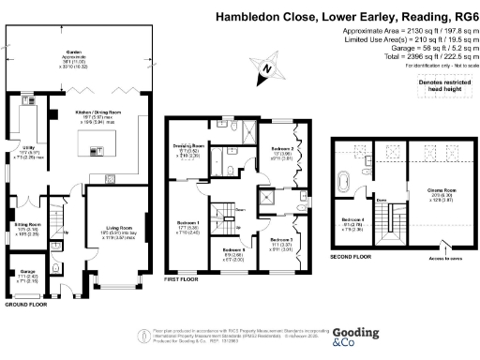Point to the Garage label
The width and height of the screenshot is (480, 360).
(26, 275)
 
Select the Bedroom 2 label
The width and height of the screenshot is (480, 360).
(284, 149)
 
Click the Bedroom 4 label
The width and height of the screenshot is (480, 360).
(351, 222)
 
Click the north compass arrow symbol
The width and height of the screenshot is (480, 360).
(268, 67)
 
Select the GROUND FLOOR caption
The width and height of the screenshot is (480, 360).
(25, 305)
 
